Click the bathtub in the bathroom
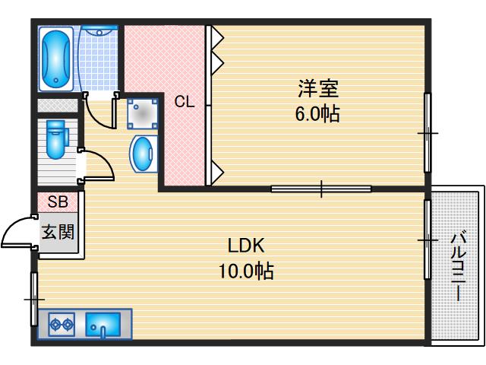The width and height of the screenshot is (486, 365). pos(56,59)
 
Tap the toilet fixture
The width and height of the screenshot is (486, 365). pos(56,139)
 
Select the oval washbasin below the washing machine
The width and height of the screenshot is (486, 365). pos(142,154)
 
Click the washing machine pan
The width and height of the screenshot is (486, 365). pos(142,113)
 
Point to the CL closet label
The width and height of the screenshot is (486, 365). pos(185,101)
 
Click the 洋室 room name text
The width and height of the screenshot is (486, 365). pos(318,88)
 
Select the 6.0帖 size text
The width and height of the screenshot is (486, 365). pos(317,113)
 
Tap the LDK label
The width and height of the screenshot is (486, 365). pos(246,245)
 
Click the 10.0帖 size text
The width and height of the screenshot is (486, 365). pos(246,271)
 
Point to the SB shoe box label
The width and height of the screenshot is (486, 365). pos(58,202)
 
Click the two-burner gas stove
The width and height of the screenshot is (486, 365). pos(62,325)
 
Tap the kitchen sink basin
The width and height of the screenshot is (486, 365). pos(103,325)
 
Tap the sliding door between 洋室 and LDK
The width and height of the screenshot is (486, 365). pos(321,189)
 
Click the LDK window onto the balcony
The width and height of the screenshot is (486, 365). pos(428,240)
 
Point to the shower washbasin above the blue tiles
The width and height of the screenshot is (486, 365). pos(99,30)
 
